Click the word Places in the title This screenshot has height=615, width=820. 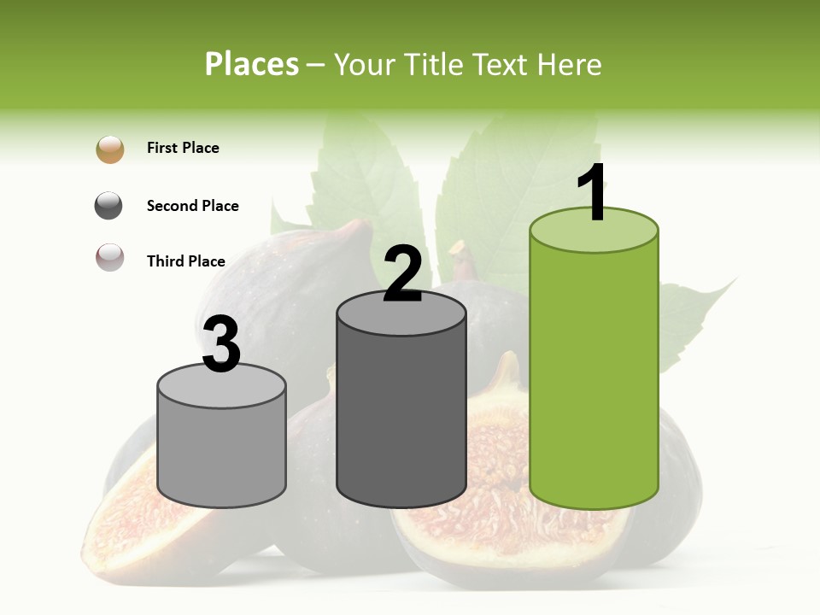tap(252, 64)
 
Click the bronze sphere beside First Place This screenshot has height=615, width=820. tap(110, 149)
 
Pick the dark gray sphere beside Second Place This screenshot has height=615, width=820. tap(108, 206)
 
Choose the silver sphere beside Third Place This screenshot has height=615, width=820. tap(110, 257)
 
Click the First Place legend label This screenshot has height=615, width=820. tap(183, 148)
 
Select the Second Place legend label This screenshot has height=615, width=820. tap(192, 206)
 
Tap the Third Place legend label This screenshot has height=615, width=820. tap(185, 261)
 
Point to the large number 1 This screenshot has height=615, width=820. tap(593, 193)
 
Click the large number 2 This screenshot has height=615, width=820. tap(402, 273)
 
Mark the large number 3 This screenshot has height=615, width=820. tap(222, 344)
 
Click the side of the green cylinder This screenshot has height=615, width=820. tap(594, 376)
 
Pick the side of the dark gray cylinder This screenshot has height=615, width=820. tap(401, 419)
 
